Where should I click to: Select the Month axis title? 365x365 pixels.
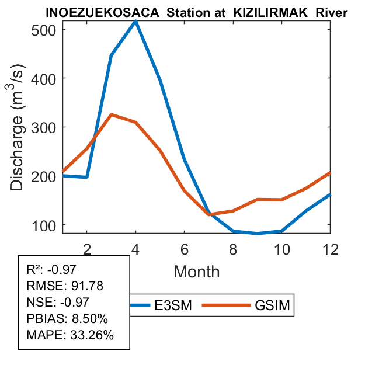[x=196, y=271]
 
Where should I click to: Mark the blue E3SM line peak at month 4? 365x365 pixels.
[x=135, y=21]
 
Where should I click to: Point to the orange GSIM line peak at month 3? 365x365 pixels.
[x=112, y=115]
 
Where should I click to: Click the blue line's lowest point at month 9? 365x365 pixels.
[x=258, y=234]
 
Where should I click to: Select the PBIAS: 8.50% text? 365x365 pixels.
[x=67, y=319]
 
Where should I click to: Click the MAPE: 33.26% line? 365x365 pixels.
[x=70, y=335]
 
